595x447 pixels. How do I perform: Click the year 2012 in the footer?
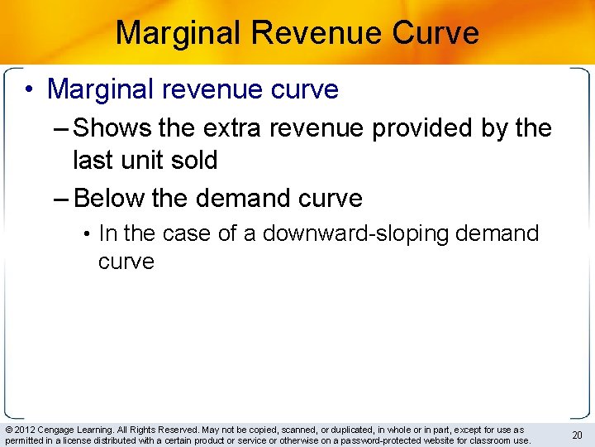(22, 430)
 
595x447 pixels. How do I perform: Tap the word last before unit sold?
(91, 160)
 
